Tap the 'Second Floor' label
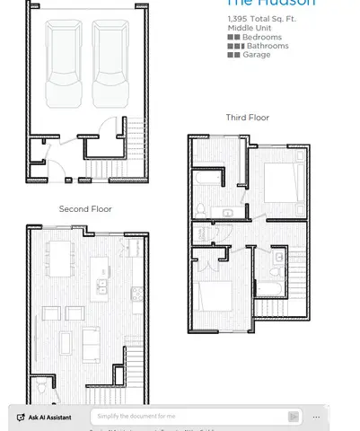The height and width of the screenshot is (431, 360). click(85, 208)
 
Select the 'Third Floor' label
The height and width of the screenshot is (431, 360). click(247, 118)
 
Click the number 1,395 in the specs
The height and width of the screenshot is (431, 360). click(237, 18)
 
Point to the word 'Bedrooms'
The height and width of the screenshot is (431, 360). click(261, 37)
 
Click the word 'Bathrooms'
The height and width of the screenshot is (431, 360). click(268, 45)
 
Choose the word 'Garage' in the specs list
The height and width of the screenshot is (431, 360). click(256, 55)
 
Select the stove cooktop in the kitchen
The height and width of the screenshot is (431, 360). click(136, 294)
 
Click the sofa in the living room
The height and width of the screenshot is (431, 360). click(92, 342)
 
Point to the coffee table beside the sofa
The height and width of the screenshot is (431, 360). click(64, 342)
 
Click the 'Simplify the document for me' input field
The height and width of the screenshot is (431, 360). click(189, 417)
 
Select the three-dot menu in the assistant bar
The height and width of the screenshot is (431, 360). click(316, 417)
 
